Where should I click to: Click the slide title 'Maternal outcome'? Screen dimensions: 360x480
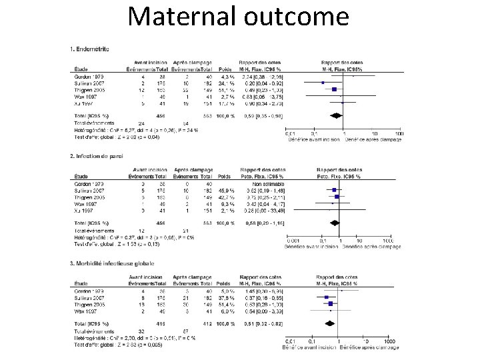point(239,17)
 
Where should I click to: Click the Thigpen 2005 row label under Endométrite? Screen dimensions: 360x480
point(87,89)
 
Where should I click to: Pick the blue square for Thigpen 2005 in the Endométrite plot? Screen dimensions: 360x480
point(335,89)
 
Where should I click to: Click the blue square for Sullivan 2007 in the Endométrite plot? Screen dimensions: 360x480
point(323,83)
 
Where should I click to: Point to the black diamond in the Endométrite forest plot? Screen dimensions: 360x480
point(337,115)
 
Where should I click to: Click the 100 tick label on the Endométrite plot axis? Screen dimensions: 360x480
point(398,134)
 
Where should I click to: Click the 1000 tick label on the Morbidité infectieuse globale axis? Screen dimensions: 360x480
point(389,342)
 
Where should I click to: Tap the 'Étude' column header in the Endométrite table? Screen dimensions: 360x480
point(81,69)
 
